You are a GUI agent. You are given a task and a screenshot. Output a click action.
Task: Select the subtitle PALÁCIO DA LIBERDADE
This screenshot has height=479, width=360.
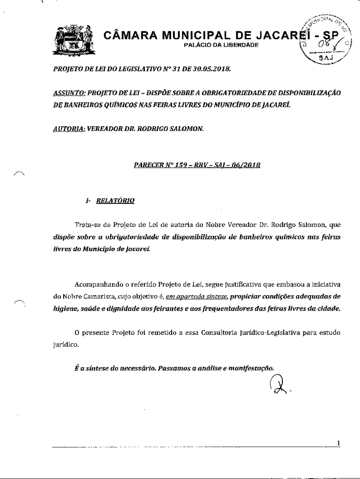pyautogui.click(x=215, y=45)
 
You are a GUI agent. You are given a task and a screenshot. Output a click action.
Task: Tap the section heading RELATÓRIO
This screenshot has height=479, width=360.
pyautogui.click(x=115, y=201)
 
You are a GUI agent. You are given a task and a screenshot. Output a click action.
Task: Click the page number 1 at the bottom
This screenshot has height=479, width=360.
pyautogui.click(x=338, y=443)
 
